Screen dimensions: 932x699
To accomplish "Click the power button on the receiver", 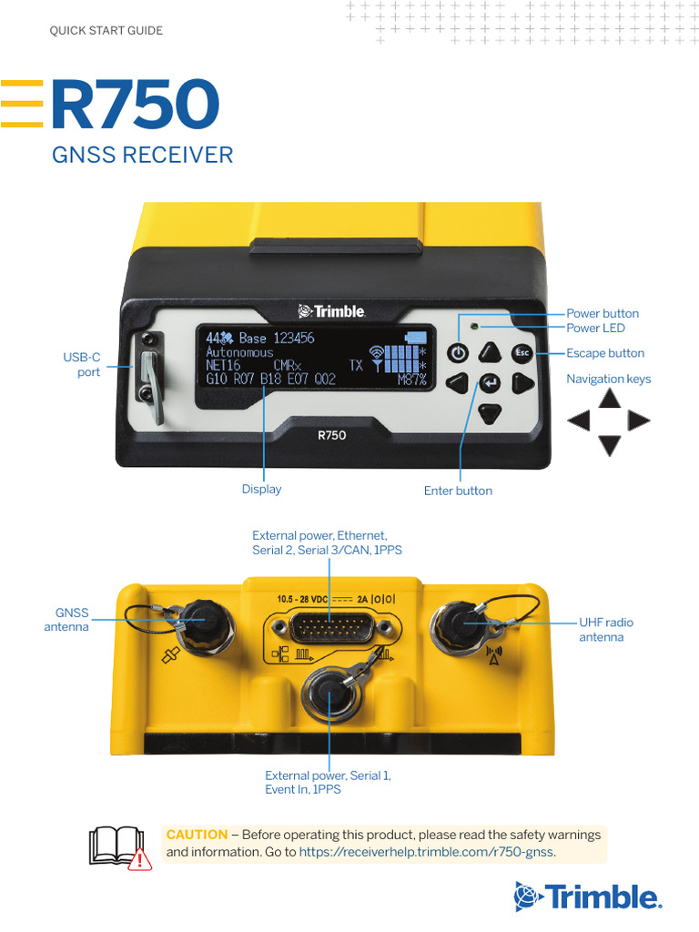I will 459,353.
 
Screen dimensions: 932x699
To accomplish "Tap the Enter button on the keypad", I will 490,383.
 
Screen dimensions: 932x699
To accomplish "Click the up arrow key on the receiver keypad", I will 491,353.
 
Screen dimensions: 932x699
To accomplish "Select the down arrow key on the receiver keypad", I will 491,413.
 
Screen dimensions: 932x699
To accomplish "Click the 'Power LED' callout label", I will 595,328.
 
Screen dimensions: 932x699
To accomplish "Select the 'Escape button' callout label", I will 604,353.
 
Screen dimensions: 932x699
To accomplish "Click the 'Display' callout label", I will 261,489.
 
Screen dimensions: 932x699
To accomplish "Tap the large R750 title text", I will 135,105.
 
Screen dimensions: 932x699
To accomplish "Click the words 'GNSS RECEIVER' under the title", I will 143,155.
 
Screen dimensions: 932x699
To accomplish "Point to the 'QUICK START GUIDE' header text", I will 106,31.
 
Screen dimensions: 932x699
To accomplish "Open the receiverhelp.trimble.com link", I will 426,852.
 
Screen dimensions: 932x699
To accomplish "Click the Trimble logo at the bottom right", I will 586,897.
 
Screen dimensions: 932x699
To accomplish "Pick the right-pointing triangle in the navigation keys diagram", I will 639,420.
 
